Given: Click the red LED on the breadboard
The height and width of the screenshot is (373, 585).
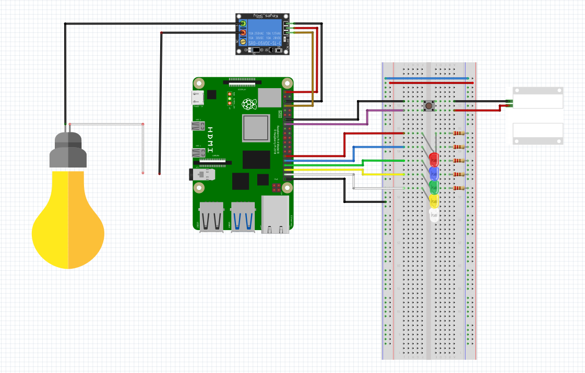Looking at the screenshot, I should click(x=434, y=158).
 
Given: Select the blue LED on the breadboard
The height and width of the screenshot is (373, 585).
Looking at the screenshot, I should click(x=434, y=173).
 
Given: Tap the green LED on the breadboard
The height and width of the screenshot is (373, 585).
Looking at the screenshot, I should click(x=434, y=186).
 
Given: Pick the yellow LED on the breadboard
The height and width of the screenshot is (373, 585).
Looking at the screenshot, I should click(x=434, y=200).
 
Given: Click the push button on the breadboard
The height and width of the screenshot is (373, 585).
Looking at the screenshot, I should click(x=428, y=106).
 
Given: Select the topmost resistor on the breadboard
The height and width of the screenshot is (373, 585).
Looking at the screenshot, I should click(x=459, y=134).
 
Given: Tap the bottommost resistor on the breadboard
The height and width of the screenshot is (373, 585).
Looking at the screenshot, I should click(x=459, y=188).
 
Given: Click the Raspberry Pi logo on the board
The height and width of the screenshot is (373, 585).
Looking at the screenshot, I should click(x=249, y=104).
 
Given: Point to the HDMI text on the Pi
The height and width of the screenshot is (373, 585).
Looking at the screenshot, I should click(x=210, y=139).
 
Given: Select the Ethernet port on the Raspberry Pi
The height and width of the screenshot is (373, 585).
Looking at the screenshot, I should click(x=276, y=214).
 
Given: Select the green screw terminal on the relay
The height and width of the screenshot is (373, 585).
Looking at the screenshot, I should click(x=243, y=24).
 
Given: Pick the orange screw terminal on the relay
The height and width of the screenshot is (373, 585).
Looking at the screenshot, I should click(x=243, y=32).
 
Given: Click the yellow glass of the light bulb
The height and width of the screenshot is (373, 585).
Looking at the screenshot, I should click(x=68, y=219).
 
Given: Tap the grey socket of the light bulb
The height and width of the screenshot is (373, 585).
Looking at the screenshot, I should click(x=68, y=151).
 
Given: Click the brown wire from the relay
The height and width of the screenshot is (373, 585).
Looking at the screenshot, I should click(x=313, y=68).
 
